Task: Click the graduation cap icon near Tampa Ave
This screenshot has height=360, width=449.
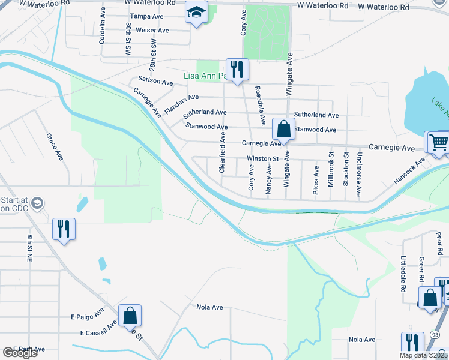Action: tap(196, 13)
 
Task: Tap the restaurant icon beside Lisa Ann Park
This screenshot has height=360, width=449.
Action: tap(237, 69)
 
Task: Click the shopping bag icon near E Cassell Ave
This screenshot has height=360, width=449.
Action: tap(130, 315)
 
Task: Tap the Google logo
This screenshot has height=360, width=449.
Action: tap(20, 353)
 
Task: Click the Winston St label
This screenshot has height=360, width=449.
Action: tap(264, 159)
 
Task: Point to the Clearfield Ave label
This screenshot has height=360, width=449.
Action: tap(222, 154)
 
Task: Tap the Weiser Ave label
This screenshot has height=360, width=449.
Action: tap(152, 30)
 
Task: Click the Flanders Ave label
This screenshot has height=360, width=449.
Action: tap(181, 105)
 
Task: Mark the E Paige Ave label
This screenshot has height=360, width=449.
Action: tap(87, 315)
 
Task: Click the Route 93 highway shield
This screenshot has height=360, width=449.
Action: tap(436, 334)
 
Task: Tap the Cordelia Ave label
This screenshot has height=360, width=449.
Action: tap(103, 28)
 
